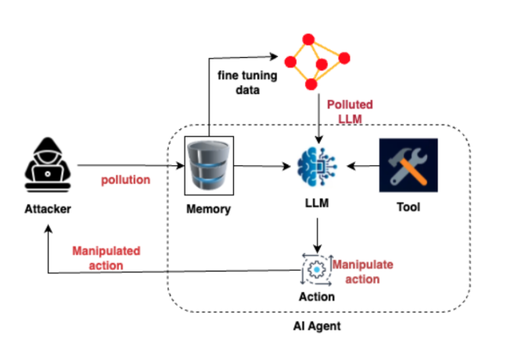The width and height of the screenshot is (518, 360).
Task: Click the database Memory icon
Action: (x=208, y=165)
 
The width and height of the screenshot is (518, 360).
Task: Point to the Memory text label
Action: (x=208, y=209)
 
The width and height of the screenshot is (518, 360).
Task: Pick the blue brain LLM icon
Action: (x=317, y=166)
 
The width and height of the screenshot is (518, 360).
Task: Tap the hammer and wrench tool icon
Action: (x=408, y=165)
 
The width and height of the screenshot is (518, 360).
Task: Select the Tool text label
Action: (x=408, y=207)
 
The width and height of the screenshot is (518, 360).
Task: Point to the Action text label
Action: (x=316, y=297)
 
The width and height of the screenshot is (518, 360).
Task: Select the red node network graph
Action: (x=314, y=60)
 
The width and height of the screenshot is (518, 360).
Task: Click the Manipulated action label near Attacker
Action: (x=106, y=257)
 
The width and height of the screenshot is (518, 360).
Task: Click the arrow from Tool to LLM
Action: (x=364, y=166)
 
